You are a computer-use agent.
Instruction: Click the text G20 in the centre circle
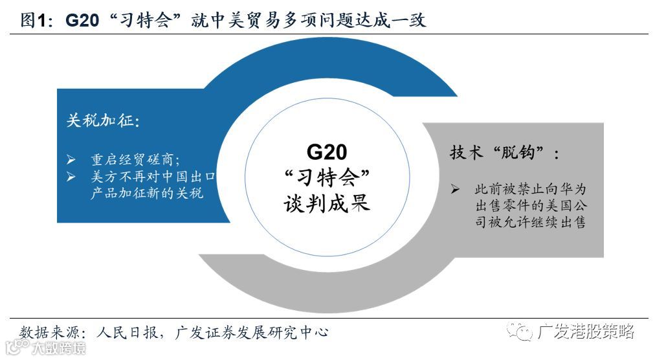coord(327,152)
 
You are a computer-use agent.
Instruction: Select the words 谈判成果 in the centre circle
coord(327,203)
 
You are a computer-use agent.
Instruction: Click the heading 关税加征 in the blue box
coord(103,121)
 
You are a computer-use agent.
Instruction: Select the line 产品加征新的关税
coord(147,194)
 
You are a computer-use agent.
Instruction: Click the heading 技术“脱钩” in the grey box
coord(505,153)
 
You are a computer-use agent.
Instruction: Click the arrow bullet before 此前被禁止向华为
coord(456,189)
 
